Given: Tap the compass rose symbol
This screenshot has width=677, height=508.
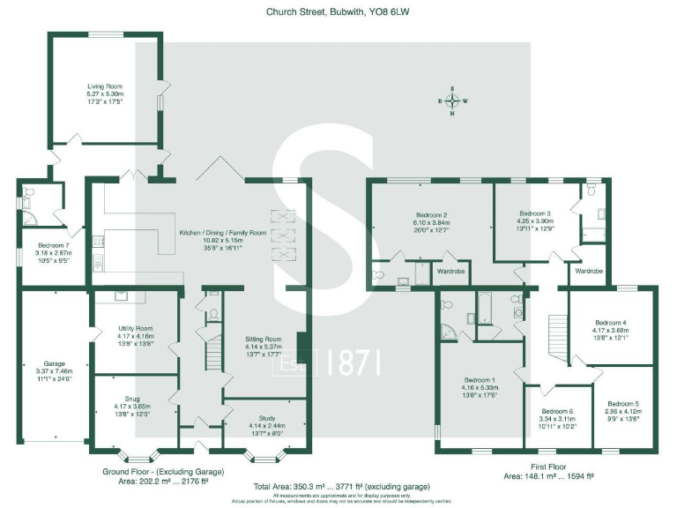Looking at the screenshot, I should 452,101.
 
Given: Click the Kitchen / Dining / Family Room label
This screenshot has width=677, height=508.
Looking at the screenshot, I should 223,233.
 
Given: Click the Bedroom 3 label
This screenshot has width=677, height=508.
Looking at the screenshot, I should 535,213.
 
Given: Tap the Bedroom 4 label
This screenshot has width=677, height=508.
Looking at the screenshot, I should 612,322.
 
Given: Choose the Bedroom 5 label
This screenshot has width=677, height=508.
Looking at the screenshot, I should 622,403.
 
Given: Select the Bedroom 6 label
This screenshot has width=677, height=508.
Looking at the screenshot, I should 558,412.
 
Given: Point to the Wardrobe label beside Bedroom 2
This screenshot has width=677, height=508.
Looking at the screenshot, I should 450,271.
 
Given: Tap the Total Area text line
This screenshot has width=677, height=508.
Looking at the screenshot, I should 338,487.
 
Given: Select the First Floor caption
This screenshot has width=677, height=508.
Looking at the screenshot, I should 547,467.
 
